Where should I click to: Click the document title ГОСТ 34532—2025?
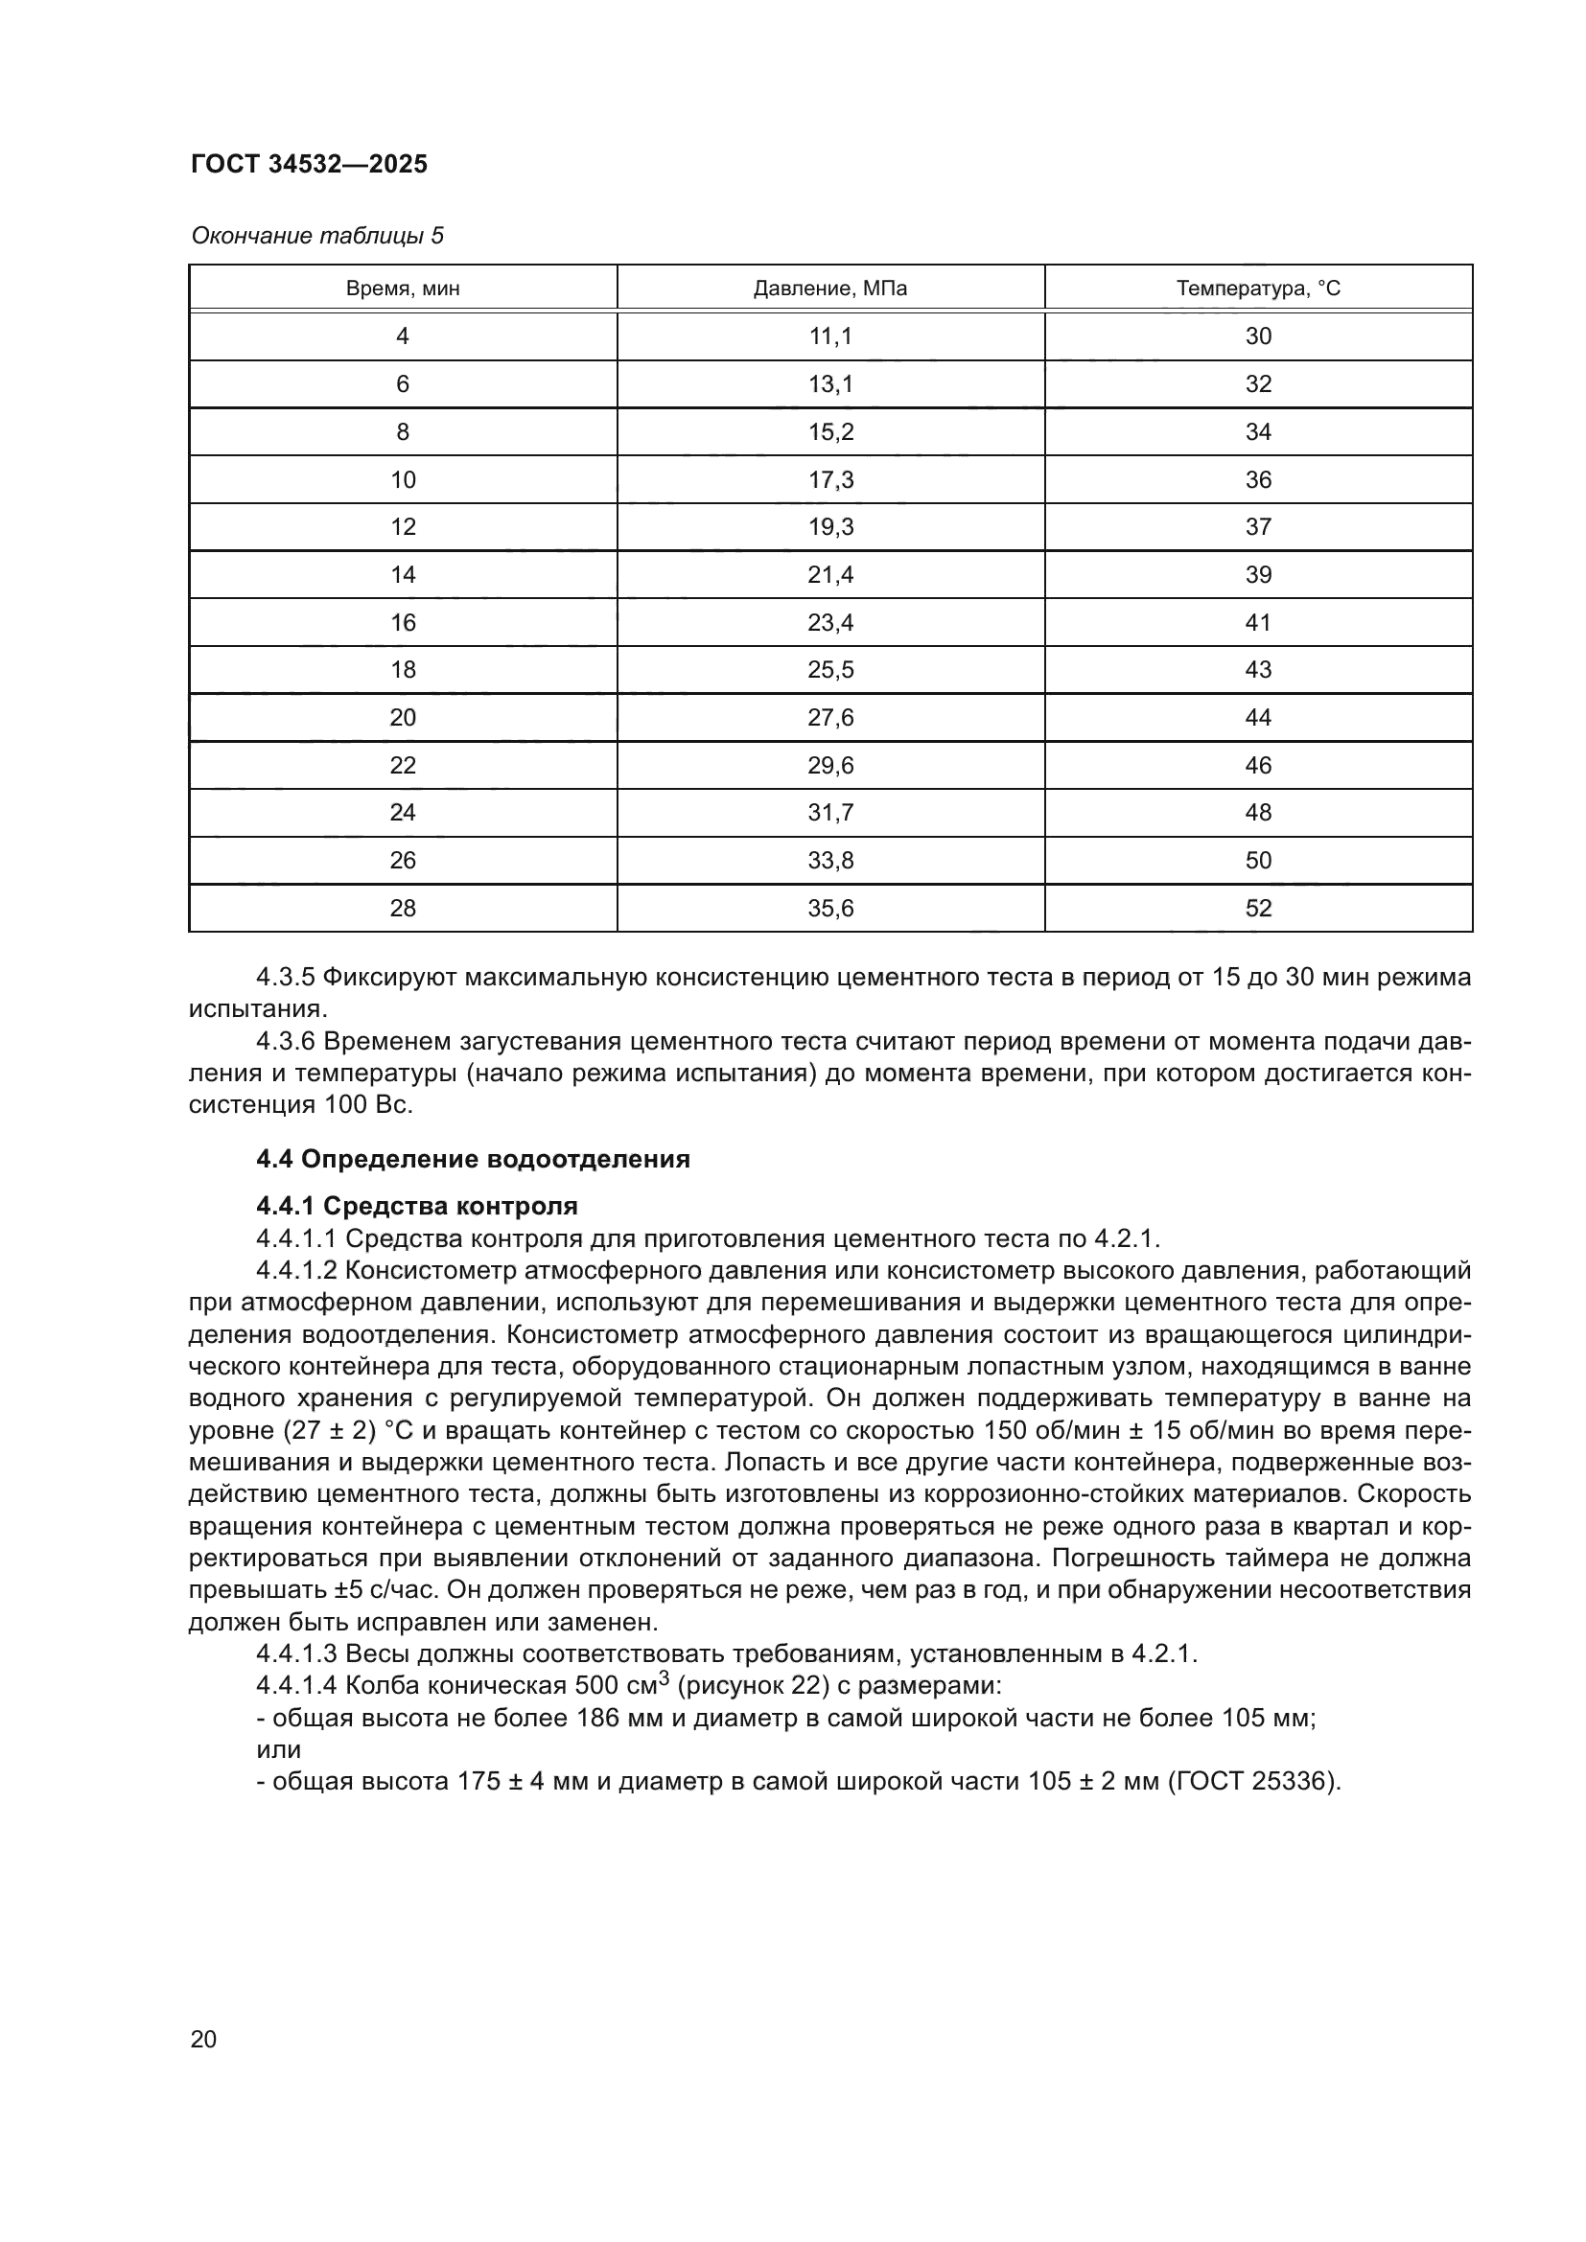pos(309,164)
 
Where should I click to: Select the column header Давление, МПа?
pos(830,289)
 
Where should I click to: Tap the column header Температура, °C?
pos(1258,289)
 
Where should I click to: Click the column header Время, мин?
pos(403,289)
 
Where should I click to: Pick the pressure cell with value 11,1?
pos(830,335)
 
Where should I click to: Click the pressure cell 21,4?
pos(830,574)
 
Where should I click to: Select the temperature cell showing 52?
pos(1258,908)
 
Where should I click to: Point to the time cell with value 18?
pos(403,670)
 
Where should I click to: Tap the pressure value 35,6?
pos(830,908)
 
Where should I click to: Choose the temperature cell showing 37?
pos(1258,526)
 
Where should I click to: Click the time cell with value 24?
pos(403,813)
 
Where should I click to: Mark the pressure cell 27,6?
pos(830,718)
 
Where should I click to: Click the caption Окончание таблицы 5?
pos(317,236)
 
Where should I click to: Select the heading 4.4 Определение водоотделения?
pos(473,1159)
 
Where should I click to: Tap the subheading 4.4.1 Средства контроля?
pos(417,1206)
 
